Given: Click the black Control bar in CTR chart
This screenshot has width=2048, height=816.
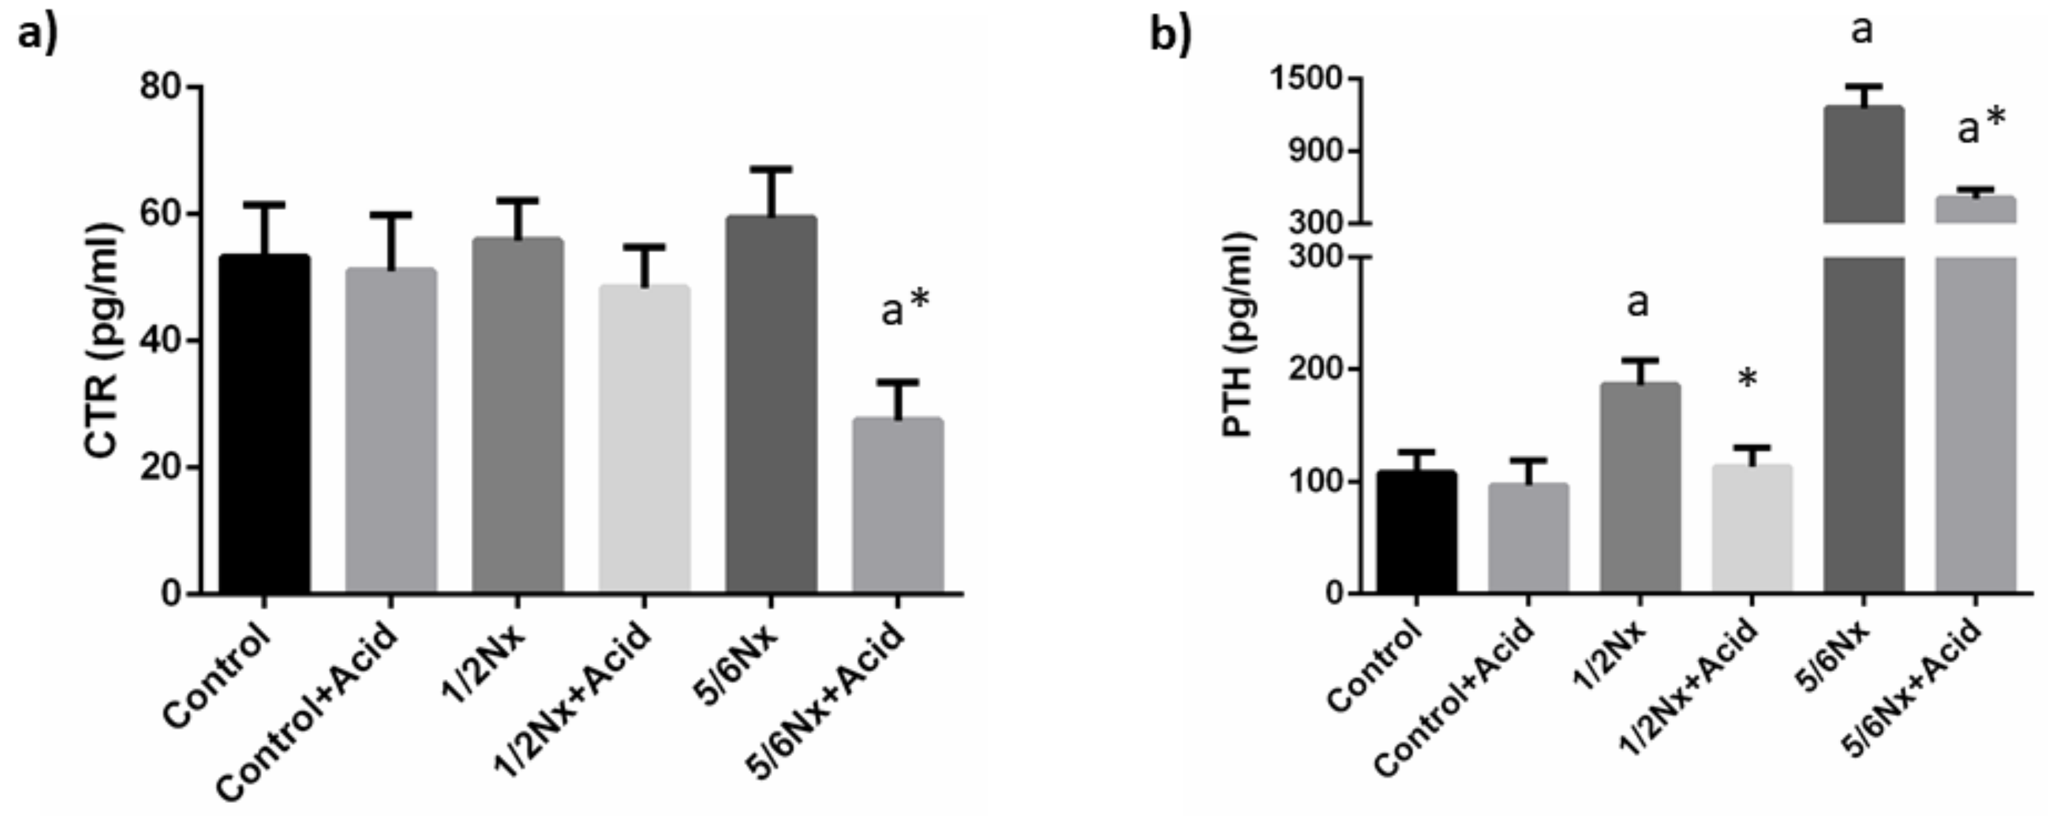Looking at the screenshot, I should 264,425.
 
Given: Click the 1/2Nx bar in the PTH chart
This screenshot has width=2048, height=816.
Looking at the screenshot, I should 1640,488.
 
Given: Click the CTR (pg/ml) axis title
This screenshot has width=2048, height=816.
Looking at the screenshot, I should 104,342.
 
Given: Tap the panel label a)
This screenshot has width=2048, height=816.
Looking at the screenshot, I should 38,36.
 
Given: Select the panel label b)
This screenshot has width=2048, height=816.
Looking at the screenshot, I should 1171,36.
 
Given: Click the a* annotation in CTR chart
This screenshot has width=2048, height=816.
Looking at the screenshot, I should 905,308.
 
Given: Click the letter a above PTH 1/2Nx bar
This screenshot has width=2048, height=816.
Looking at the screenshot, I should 1638,302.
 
